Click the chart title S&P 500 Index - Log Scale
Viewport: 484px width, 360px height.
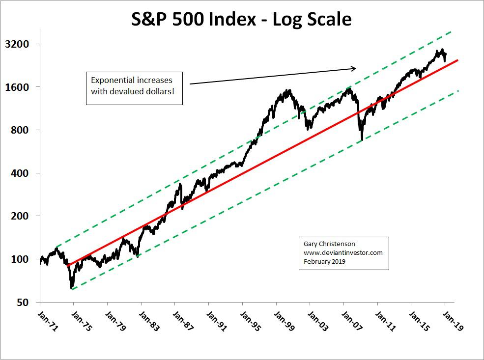[241, 19]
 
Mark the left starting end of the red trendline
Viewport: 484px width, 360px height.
[68, 266]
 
